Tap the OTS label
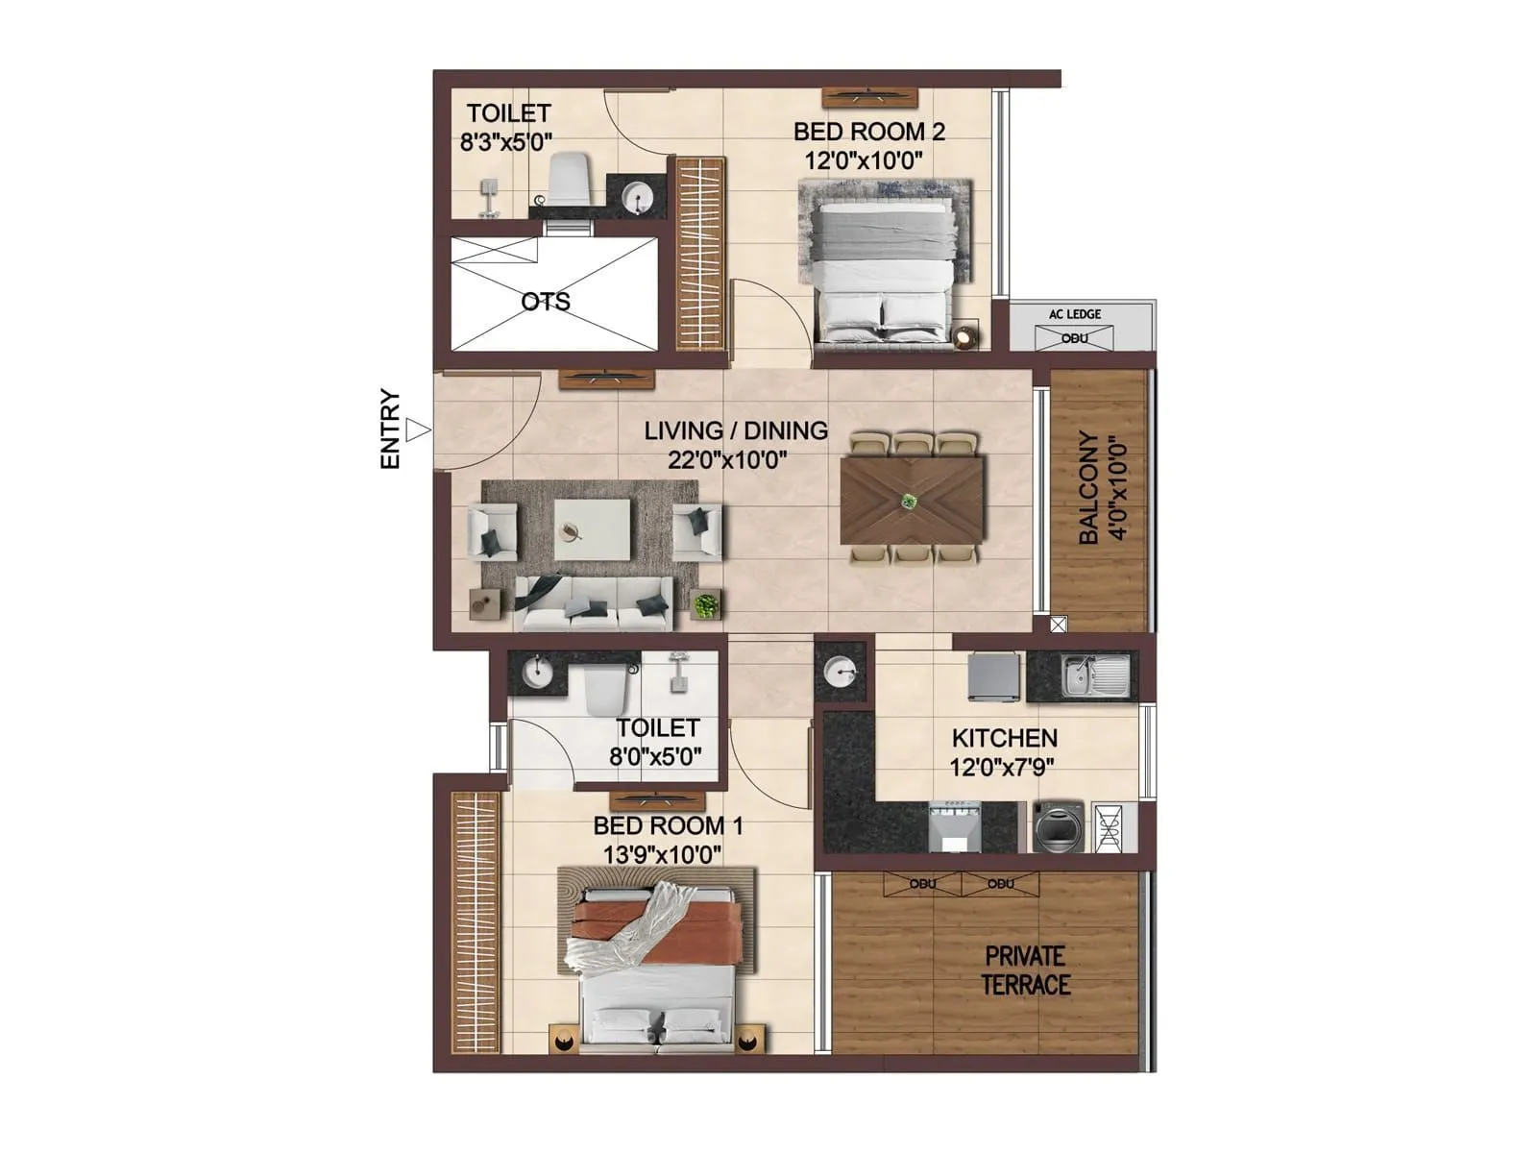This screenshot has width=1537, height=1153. click(546, 302)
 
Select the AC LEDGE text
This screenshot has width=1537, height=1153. click(1075, 314)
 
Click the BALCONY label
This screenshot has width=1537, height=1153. click(1088, 487)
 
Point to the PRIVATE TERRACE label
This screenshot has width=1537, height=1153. click(1025, 970)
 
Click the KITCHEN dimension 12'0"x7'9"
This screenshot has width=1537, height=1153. click(1003, 767)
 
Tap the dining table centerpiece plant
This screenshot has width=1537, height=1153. click(909, 501)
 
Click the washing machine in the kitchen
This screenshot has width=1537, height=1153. click(1058, 826)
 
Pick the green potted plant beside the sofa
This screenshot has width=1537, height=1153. click(706, 605)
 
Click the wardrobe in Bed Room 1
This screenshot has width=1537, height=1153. click(476, 922)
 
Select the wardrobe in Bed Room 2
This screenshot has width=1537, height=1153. click(700, 255)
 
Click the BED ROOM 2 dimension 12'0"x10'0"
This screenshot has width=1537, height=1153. click(864, 160)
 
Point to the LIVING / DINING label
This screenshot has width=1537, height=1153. click(736, 430)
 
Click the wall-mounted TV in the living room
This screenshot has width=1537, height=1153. click(606, 379)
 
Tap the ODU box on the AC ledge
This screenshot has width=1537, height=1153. click(1075, 338)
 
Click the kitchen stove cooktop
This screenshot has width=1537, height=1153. click(955, 826)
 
